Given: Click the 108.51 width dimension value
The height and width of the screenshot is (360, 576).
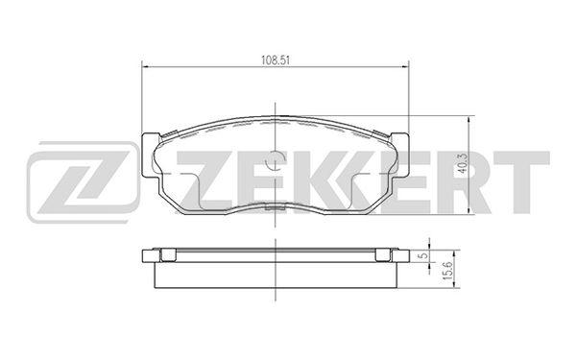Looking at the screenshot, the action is point(276,60).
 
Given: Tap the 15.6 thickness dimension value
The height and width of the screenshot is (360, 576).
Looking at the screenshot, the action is point(447,271).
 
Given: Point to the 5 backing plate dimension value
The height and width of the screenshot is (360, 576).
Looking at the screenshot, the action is point(424,255).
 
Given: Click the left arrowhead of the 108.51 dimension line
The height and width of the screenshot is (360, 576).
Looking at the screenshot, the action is point(145,67).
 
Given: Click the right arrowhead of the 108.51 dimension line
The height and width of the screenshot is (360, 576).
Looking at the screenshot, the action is point(405,67).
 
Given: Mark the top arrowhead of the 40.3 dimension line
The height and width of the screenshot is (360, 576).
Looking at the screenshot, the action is point(468,120).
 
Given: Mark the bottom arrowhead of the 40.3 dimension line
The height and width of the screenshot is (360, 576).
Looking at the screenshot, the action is point(468,210).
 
